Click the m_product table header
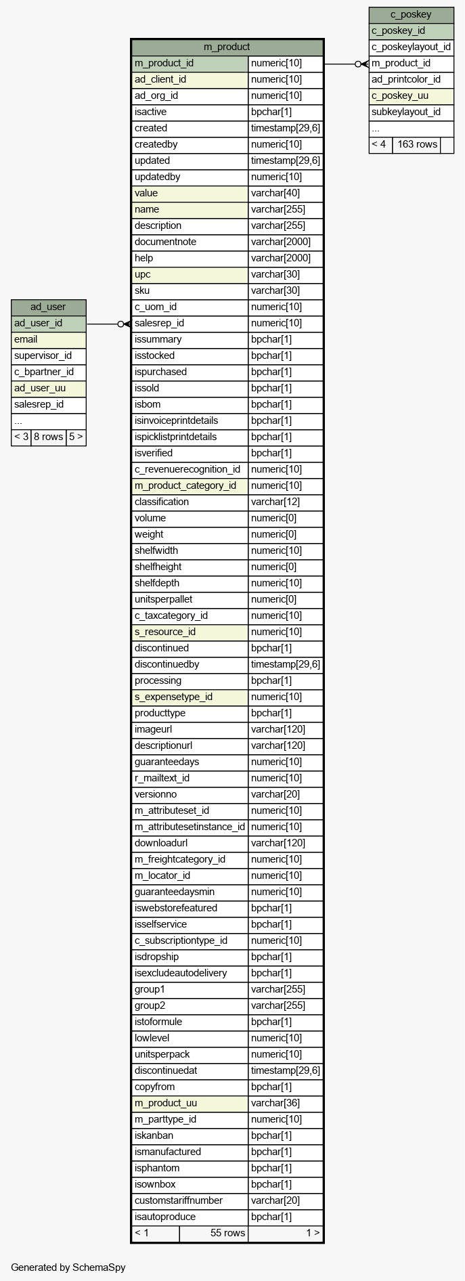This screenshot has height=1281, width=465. (x=227, y=47)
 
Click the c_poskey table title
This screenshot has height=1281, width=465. (x=411, y=14)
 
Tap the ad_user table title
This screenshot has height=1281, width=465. (x=48, y=307)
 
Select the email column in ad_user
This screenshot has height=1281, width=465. (x=48, y=339)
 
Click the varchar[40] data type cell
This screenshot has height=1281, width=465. (x=285, y=193)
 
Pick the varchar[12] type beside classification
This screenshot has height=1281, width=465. (x=285, y=502)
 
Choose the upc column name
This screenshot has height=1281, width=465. (x=190, y=274)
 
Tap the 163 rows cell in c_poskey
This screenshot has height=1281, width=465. (x=416, y=144)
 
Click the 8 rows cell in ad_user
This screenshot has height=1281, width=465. (x=48, y=437)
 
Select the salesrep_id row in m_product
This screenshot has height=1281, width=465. (x=190, y=323)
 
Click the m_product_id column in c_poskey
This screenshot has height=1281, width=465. (x=411, y=63)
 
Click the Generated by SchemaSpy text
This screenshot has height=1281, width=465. (x=68, y=1267)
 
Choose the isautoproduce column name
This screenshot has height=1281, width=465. (x=190, y=1217)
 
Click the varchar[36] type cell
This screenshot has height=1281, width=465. (x=285, y=1103)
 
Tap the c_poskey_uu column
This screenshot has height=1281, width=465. (x=411, y=95)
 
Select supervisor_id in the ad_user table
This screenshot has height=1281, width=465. (x=48, y=355)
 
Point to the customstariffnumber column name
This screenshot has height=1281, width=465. (x=190, y=1200)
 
